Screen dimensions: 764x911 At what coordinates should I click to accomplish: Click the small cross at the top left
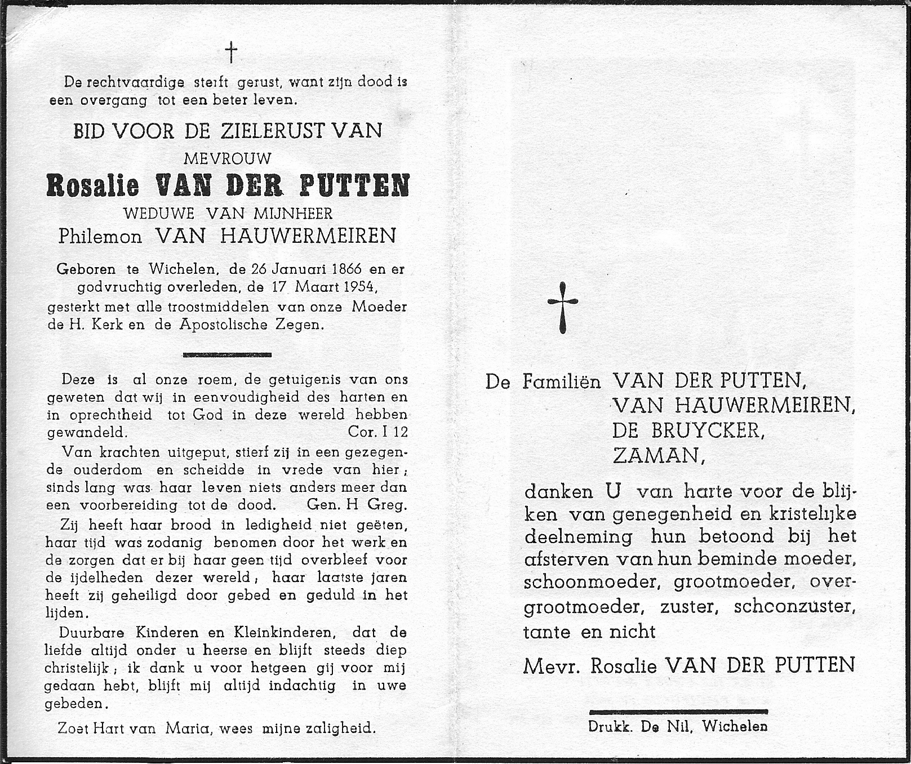(x=231, y=54)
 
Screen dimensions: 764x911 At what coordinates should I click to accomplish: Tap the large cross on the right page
(x=563, y=307)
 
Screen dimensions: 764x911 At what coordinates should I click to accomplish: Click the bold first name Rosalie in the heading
(x=93, y=185)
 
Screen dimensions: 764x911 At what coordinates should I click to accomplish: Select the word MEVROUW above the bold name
(x=228, y=158)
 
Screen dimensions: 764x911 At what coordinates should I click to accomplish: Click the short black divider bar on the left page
(x=228, y=354)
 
